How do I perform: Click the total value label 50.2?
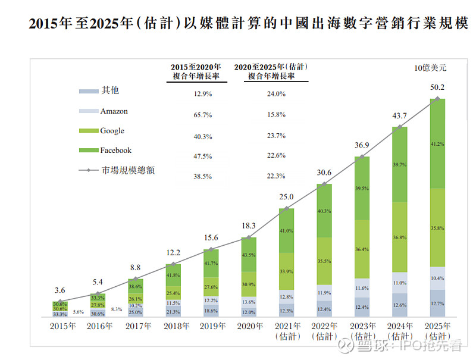(x=438, y=87)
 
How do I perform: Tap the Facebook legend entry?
(x=115, y=151)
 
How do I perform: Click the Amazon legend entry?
(x=114, y=111)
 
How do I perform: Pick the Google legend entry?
(x=112, y=131)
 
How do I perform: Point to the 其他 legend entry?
(x=110, y=90)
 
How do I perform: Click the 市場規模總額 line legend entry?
(x=129, y=170)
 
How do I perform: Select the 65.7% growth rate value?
(x=203, y=114)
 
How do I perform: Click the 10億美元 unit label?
(x=430, y=68)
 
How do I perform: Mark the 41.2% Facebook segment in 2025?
(x=438, y=143)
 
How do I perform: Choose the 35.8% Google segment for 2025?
(x=438, y=227)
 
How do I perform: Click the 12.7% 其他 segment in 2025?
(x=438, y=303)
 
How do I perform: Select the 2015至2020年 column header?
(x=196, y=71)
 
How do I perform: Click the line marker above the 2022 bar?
(x=324, y=184)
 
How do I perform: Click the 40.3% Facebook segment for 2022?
(x=324, y=211)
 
